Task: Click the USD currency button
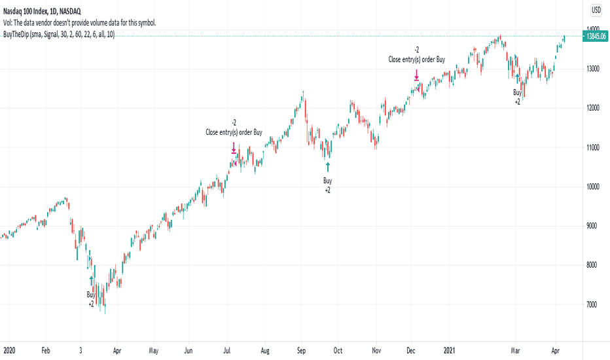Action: (596, 10)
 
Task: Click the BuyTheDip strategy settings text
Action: (58, 34)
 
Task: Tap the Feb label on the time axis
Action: (45, 351)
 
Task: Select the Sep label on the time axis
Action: (302, 351)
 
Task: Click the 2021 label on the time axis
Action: (450, 351)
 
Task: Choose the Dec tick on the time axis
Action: (413, 351)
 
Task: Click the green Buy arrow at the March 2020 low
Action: (92, 281)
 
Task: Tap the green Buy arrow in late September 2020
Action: (328, 167)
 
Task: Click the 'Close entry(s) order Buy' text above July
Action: (234, 132)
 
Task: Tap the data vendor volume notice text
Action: (79, 22)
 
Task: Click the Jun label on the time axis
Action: (188, 351)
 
